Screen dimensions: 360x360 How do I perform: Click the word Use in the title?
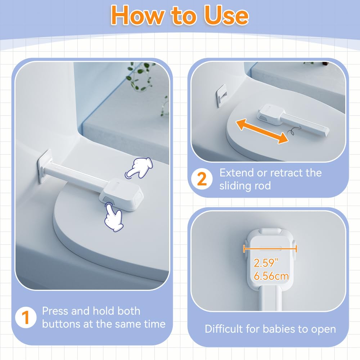coord(226,15)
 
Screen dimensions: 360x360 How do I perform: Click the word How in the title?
coord(137,15)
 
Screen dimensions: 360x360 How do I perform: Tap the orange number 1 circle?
coord(26,317)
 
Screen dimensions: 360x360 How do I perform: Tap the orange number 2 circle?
coord(202,179)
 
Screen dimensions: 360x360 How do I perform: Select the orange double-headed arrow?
coord(262,131)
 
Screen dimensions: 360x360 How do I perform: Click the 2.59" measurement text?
coord(266,262)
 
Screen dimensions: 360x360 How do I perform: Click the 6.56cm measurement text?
coord(271,276)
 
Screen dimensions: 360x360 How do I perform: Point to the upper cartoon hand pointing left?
coord(139,168)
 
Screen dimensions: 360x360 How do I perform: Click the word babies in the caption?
coord(279,329)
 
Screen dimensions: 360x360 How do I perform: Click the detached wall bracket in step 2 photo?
coord(221,96)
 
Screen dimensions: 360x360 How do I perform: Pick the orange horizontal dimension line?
coord(270,249)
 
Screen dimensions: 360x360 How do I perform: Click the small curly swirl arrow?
coord(293,131)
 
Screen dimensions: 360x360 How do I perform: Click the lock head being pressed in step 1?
coord(121,194)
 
